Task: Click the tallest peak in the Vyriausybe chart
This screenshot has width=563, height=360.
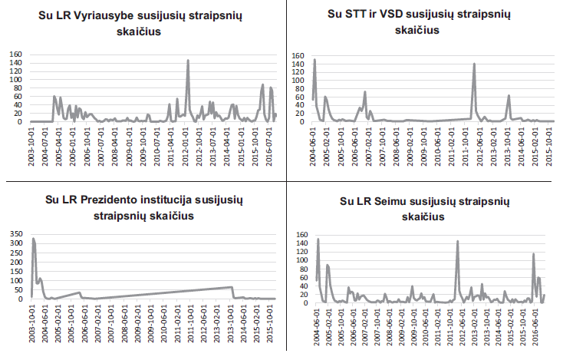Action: pos(188,61)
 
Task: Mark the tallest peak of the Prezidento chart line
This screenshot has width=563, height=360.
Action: pos(33,239)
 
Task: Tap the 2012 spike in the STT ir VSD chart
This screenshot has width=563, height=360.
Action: pos(474,64)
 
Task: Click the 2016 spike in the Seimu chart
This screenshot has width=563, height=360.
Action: pos(534,254)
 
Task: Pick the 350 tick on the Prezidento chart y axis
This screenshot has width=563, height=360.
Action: pos(15,233)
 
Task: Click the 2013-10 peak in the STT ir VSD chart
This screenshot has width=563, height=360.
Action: pos(509,96)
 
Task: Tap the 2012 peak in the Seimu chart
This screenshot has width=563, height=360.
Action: pos(458,242)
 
